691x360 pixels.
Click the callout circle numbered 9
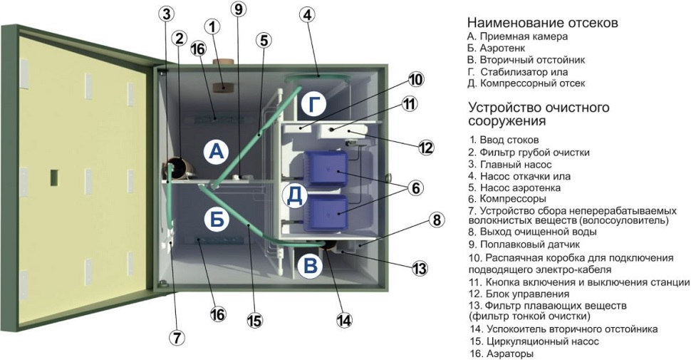point(238,9)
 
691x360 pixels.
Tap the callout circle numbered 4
point(307,14)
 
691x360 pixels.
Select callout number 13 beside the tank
point(420,268)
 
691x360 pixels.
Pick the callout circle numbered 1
point(213,26)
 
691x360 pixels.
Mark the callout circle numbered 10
point(416,79)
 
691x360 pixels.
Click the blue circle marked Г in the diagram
point(315,104)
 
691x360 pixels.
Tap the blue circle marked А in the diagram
point(215,150)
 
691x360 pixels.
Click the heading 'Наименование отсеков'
point(542,23)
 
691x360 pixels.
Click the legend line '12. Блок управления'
point(519,294)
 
